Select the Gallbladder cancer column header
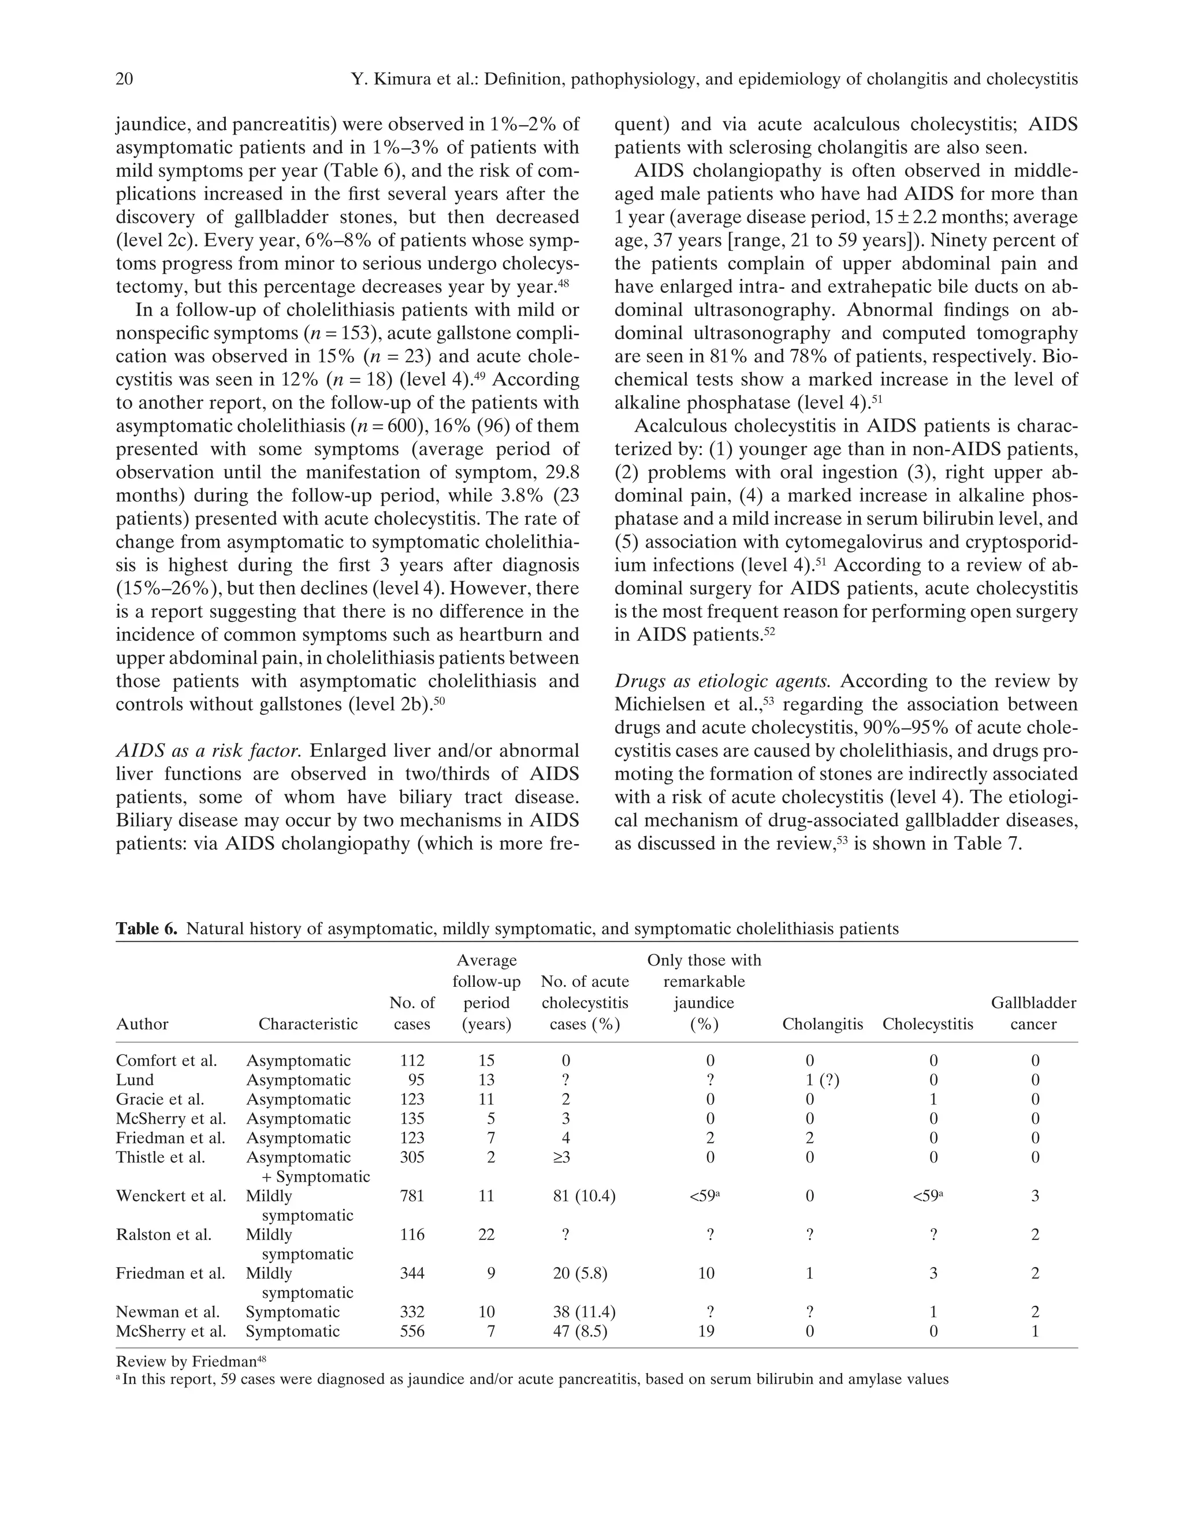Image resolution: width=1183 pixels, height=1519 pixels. (x=1033, y=1013)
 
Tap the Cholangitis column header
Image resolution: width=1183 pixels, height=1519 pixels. (x=822, y=1024)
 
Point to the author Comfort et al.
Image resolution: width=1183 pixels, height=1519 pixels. (x=166, y=1061)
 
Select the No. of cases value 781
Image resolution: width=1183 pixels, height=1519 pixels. (x=412, y=1196)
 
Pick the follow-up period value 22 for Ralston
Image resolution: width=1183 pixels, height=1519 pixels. (x=486, y=1235)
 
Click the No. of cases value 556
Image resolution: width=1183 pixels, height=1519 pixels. (x=412, y=1331)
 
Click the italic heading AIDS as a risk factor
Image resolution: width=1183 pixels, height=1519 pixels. (x=208, y=751)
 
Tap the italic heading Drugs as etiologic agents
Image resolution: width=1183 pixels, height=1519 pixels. (x=723, y=681)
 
